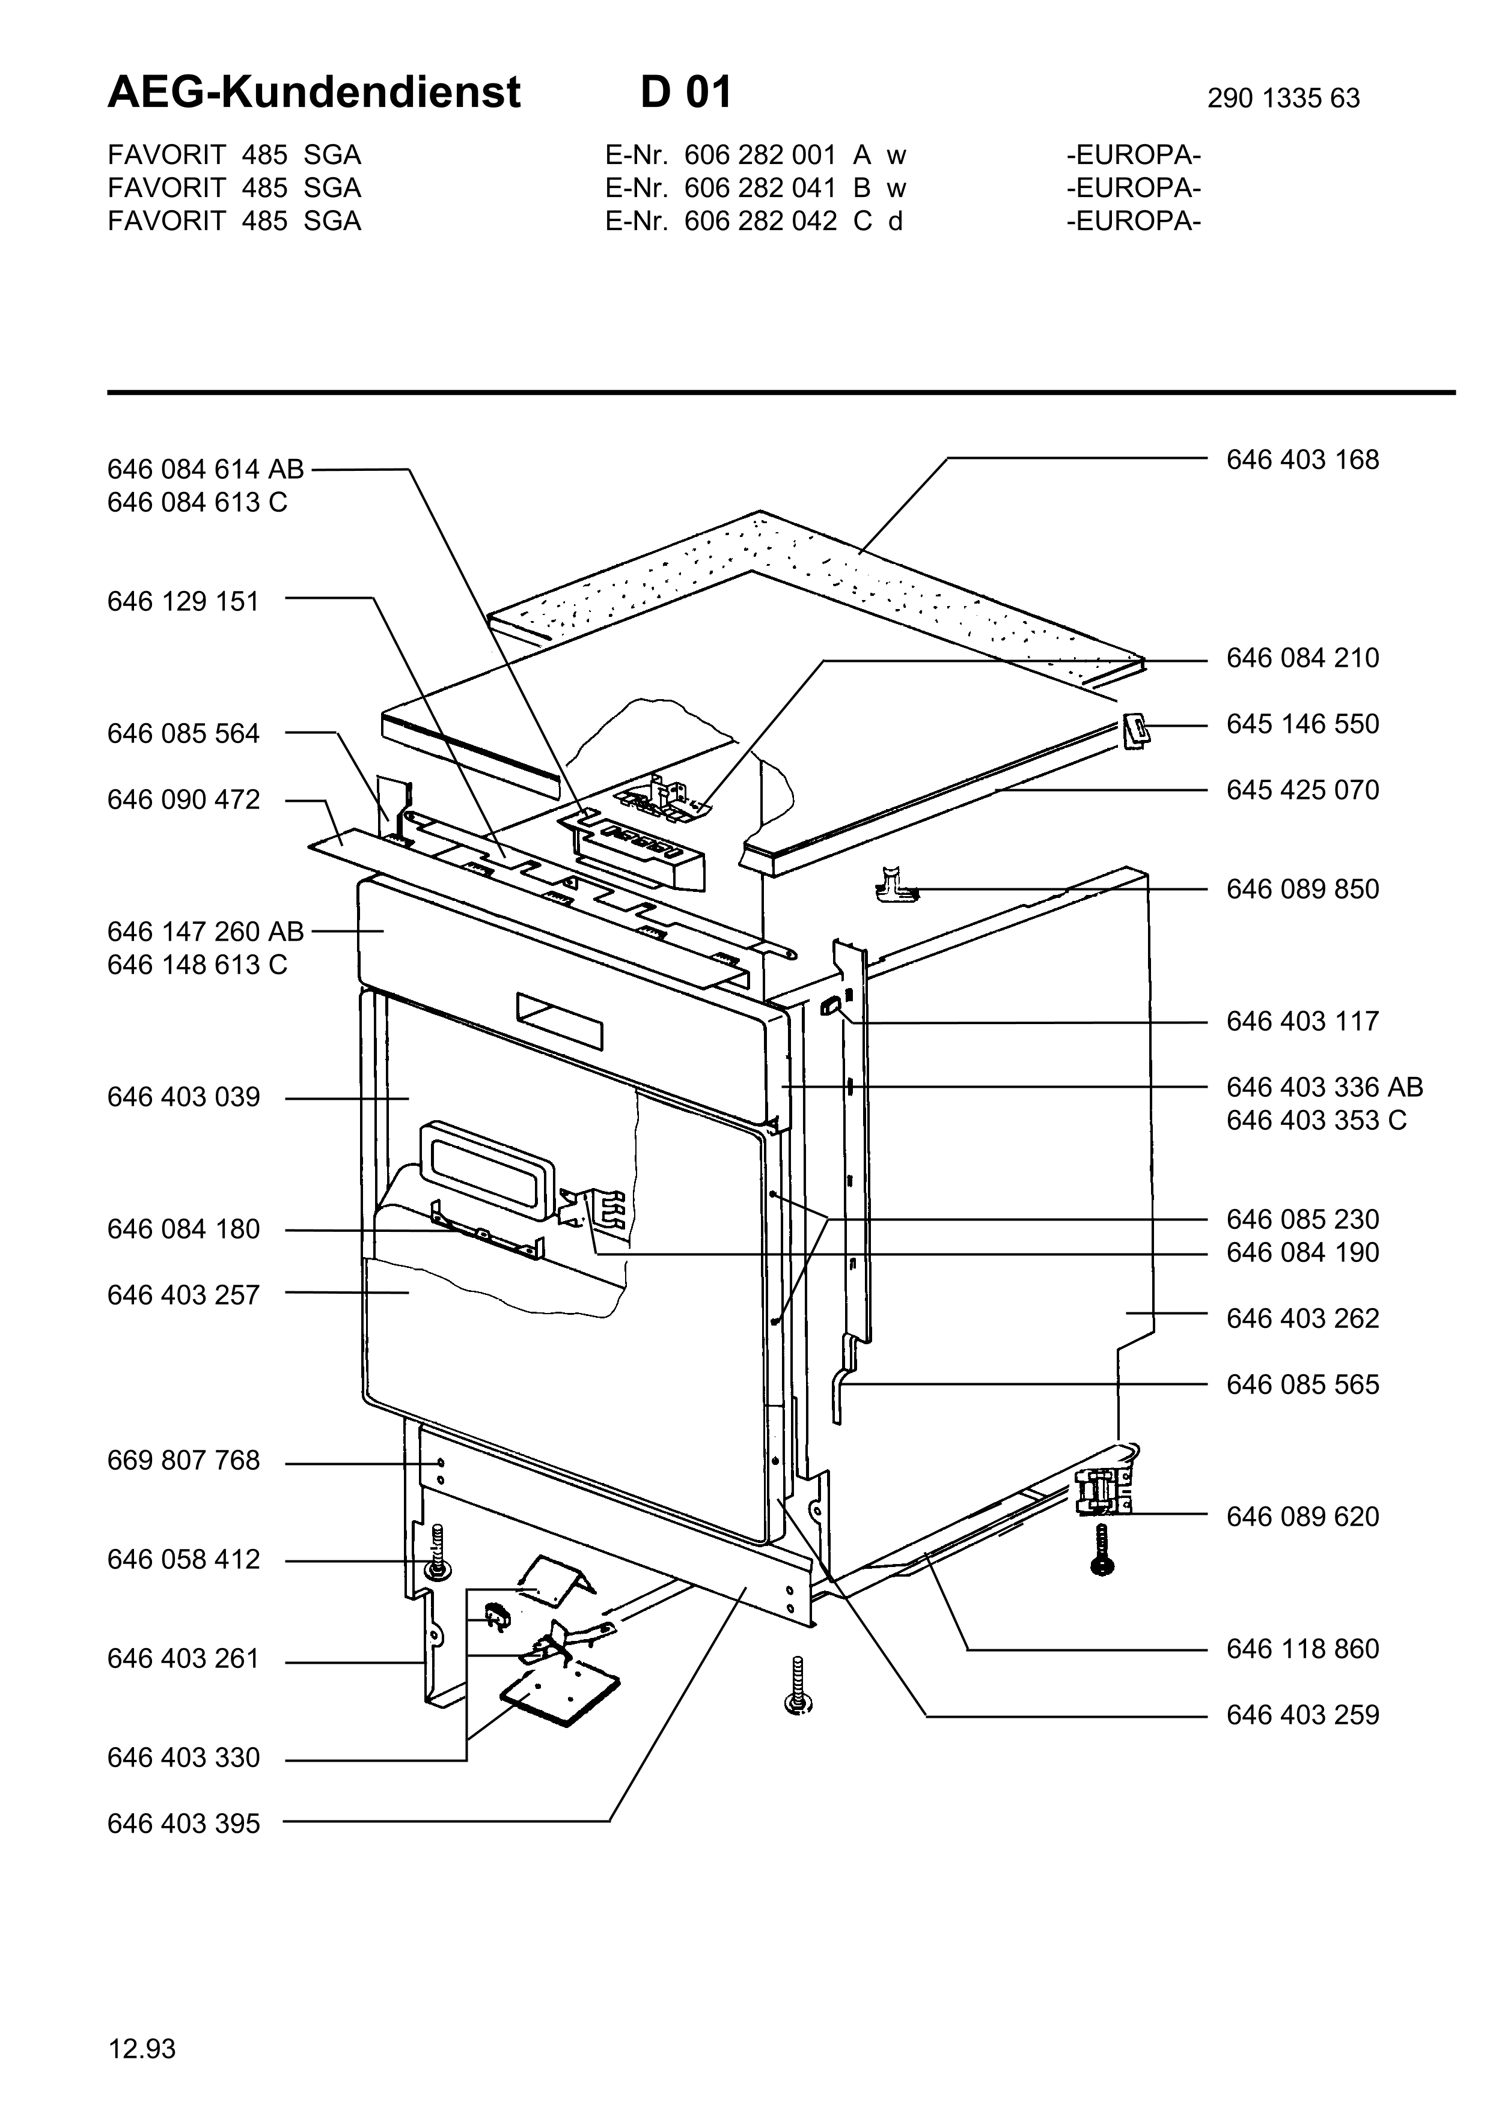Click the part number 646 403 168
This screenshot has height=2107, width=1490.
[x=1302, y=459]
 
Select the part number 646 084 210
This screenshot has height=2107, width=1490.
[x=1302, y=658]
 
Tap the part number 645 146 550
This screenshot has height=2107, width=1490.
[x=1302, y=724]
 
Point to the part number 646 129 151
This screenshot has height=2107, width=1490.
[x=183, y=601]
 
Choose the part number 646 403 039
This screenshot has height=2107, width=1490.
[x=183, y=1097]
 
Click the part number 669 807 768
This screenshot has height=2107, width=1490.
[x=183, y=1460]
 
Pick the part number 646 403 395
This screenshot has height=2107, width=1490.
[x=183, y=1824]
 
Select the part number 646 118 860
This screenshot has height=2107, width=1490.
[x=1302, y=1649]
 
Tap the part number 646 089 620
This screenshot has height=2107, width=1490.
[x=1302, y=1517]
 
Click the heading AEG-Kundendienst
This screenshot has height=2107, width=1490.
[x=314, y=92]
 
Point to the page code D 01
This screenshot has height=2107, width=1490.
[x=686, y=92]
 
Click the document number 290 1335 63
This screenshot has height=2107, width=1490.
[x=1283, y=98]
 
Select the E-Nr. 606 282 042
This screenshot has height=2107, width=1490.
[x=721, y=221]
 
